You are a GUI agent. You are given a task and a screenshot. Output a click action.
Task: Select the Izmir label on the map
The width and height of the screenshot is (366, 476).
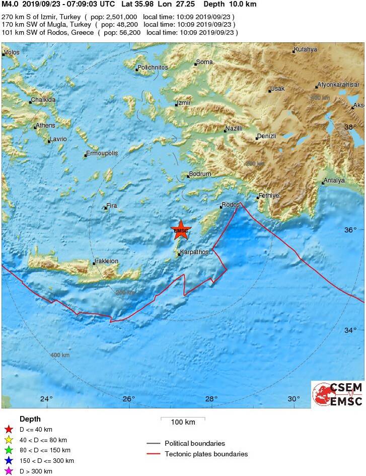point(184,103)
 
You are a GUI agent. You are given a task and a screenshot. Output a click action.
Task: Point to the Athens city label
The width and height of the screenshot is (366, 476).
point(46,125)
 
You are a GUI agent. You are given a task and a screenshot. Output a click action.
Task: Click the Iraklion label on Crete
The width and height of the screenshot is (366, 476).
point(106,261)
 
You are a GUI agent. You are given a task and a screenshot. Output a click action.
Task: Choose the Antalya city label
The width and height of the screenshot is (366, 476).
point(334,180)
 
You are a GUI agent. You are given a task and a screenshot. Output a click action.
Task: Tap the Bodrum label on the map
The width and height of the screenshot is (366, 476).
point(200,174)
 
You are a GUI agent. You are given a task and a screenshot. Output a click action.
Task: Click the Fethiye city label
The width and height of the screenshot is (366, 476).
point(269,195)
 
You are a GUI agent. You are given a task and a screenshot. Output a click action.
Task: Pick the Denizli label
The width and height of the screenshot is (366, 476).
point(267,136)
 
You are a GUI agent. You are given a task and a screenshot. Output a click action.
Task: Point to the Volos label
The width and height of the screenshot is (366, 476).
point(12,52)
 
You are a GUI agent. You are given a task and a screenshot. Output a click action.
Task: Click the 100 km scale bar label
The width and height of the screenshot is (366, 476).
point(183,422)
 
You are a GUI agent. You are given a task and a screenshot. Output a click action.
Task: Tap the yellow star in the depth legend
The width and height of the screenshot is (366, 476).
point(8,440)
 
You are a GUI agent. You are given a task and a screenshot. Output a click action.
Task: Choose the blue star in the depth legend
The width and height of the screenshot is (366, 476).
point(8,461)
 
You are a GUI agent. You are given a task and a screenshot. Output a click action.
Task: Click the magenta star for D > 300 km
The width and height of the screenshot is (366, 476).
point(8,471)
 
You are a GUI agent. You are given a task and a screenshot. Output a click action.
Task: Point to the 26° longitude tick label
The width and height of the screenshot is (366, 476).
point(129,399)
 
